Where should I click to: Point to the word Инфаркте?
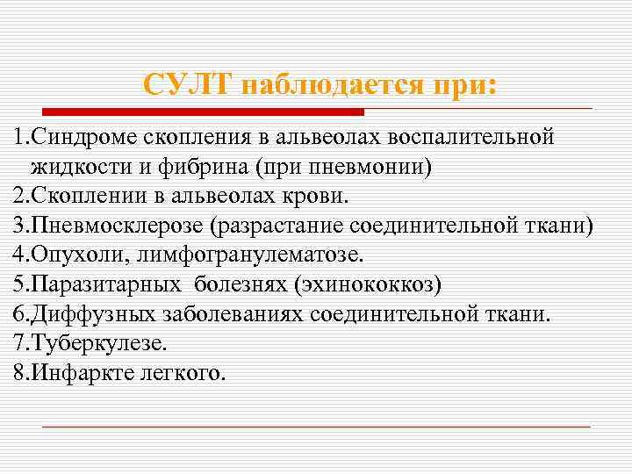point(78,373)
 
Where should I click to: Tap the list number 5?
point(19,284)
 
